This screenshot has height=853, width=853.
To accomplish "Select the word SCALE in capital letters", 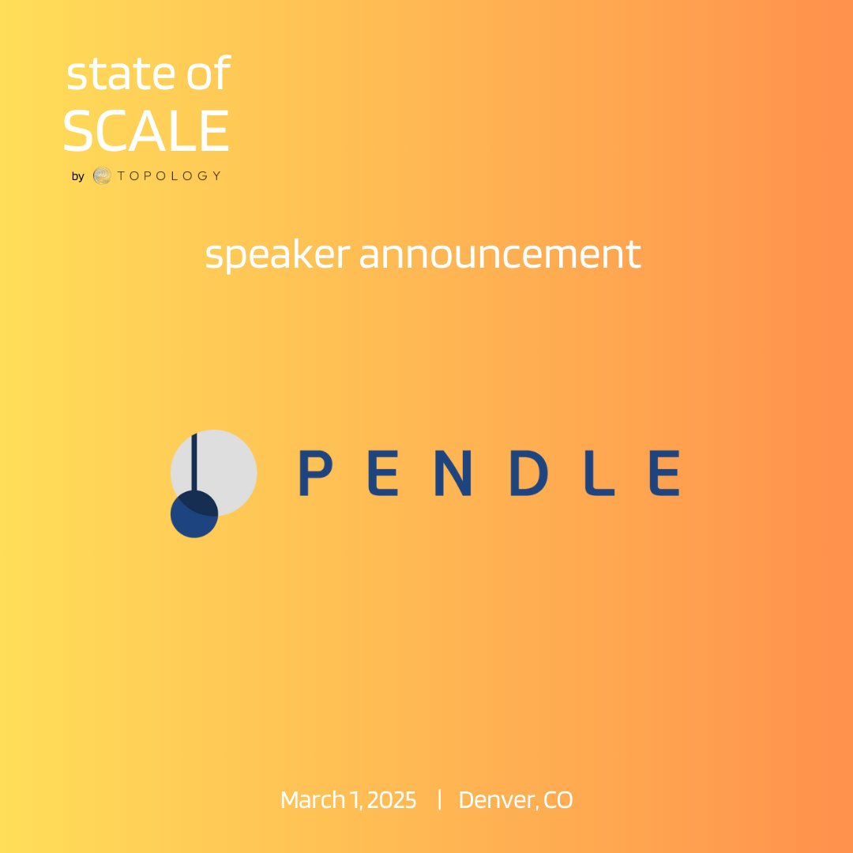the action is point(146,131).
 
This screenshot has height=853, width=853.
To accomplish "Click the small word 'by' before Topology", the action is point(77,176).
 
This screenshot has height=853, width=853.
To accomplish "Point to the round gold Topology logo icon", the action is point(102,175).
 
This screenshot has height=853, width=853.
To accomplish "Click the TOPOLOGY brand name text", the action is point(168,175).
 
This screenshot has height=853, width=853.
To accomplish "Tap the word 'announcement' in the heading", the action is point(500,254).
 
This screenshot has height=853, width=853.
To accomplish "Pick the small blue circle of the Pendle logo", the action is point(194,515).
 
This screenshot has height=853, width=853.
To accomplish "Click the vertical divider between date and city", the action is point(438,799).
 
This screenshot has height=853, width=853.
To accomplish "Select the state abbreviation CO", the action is point(558,800).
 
